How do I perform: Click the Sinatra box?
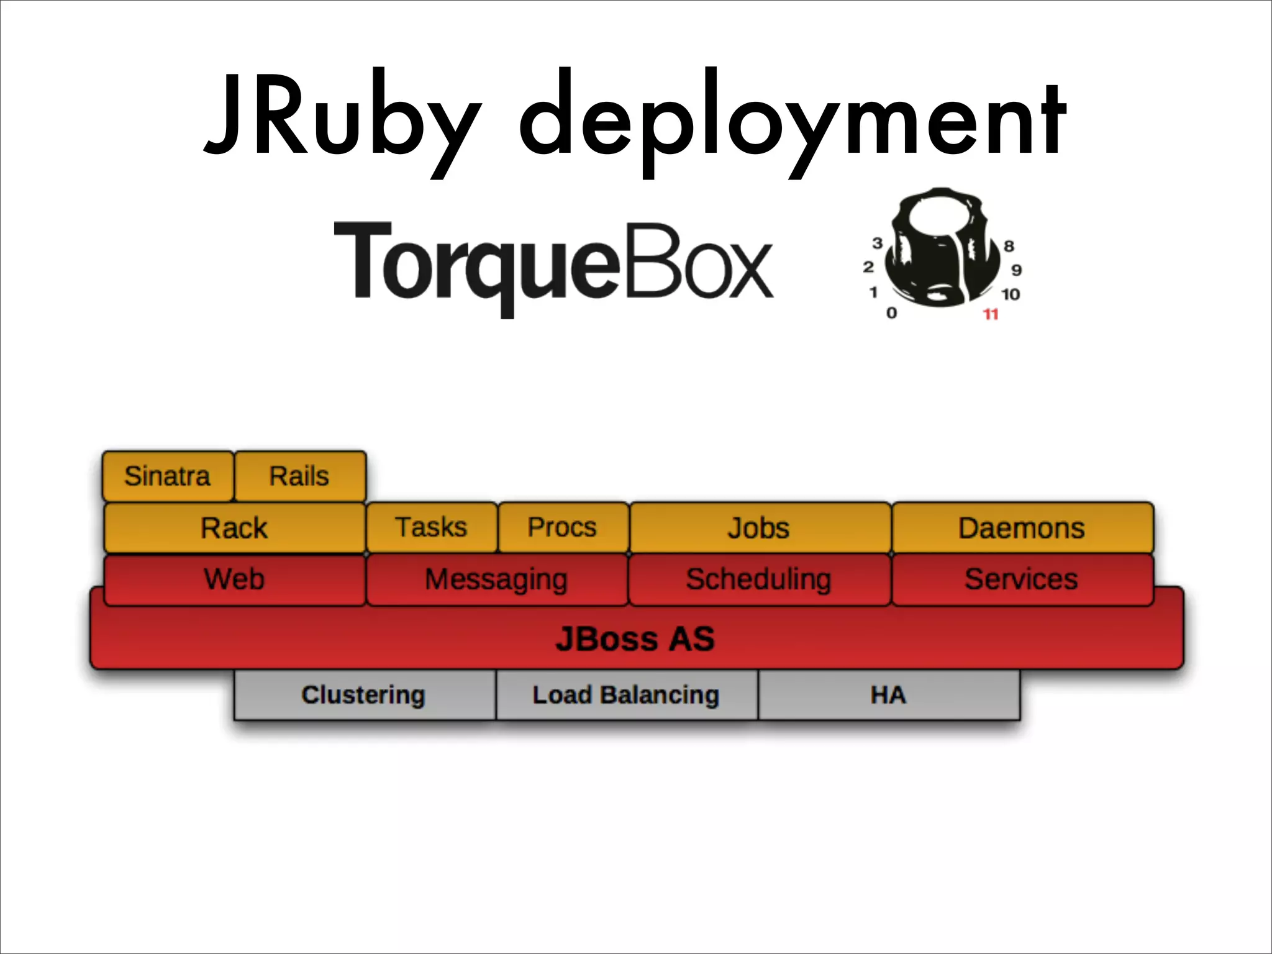point(168,476)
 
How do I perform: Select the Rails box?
point(300,476)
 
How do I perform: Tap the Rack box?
point(234,528)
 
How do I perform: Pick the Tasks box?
point(432,527)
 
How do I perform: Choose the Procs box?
point(563,527)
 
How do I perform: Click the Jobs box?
point(759,528)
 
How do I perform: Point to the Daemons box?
point(1022,528)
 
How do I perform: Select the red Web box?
point(234,579)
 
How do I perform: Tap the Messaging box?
point(496,579)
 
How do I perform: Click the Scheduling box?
point(759,579)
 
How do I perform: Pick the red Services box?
point(1022,579)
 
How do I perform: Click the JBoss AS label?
point(635,639)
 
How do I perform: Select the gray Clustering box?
point(364,694)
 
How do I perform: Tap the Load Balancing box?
point(626,694)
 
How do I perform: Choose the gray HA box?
point(888,694)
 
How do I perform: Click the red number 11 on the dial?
point(991,314)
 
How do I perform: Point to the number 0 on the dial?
point(891,313)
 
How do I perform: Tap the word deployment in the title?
point(792,118)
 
